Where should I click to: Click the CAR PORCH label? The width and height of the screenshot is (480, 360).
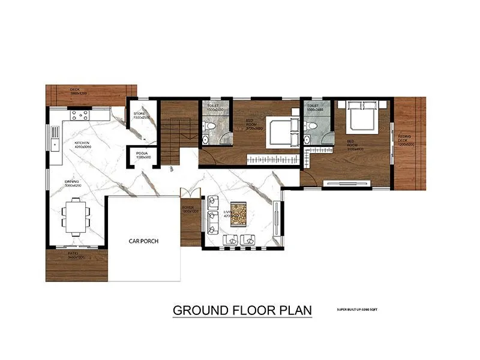click(143, 241)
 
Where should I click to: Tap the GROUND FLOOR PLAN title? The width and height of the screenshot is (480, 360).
click(242, 310)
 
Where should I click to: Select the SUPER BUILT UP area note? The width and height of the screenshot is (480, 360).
click(357, 309)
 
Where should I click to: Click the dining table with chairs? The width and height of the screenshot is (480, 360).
click(76, 215)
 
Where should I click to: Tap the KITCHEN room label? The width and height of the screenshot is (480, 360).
click(82, 144)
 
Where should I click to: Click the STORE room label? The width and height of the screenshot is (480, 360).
click(140, 114)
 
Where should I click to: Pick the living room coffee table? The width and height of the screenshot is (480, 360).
click(239, 214)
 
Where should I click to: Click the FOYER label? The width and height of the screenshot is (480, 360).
click(188, 208)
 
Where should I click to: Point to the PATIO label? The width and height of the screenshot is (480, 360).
click(76, 254)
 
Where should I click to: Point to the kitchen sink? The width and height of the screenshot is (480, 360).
click(55, 142)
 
